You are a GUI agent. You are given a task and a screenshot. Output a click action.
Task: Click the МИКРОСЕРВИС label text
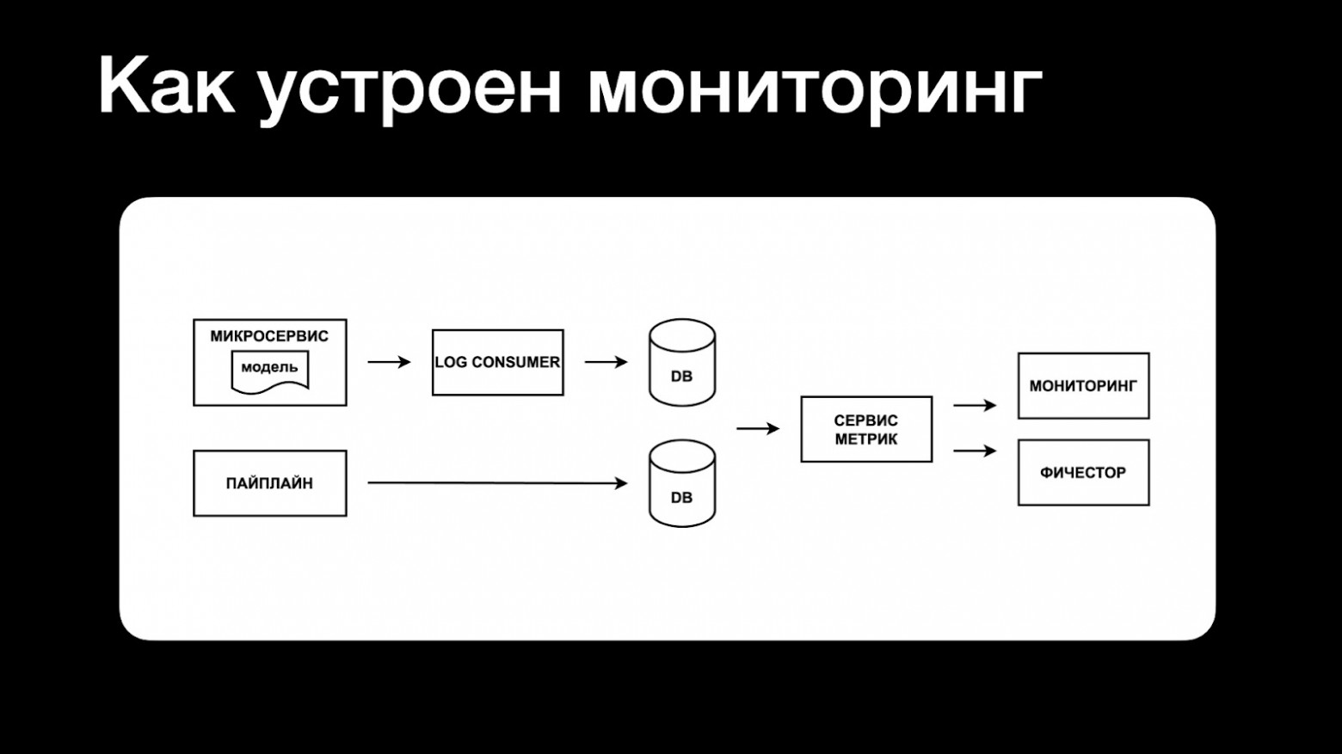pos(269,336)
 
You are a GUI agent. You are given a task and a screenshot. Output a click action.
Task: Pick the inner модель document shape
pos(269,371)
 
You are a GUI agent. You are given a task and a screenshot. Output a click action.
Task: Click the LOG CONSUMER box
pos(497,362)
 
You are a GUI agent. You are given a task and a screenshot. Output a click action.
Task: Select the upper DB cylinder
pos(681,362)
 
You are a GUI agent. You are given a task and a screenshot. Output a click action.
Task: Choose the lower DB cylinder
pos(681,483)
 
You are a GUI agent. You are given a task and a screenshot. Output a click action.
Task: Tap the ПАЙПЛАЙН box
pos(269,483)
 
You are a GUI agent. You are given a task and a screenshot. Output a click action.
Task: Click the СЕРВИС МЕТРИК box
pos(865,429)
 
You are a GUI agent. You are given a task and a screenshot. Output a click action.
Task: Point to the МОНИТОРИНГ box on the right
pos(1083,386)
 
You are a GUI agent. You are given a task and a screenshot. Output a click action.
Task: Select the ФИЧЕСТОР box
pos(1083,473)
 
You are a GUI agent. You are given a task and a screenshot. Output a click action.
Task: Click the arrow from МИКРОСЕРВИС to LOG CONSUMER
pos(389,362)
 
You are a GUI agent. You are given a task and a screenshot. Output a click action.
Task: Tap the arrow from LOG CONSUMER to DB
pos(606,362)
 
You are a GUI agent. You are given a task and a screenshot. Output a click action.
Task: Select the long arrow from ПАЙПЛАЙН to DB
pos(497,483)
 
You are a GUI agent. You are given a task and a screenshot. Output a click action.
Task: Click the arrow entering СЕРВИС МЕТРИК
pos(757,428)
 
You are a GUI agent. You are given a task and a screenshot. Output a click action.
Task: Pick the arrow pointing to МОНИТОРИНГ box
pos(975,405)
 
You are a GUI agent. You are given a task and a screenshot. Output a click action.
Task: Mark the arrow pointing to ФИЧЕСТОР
pos(975,451)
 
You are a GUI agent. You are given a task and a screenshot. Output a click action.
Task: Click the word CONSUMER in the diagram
pos(515,362)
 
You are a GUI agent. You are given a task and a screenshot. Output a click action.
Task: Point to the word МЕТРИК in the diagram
pos(865,439)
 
